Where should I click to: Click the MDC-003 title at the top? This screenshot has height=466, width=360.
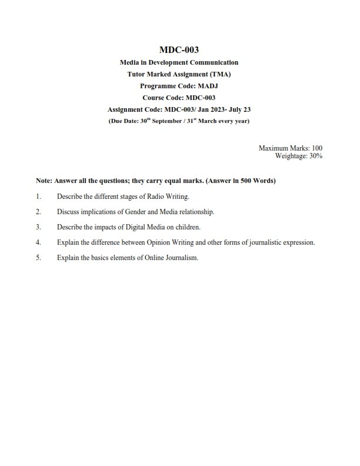pos(179,50)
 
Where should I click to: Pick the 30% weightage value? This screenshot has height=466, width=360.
pos(315,156)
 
